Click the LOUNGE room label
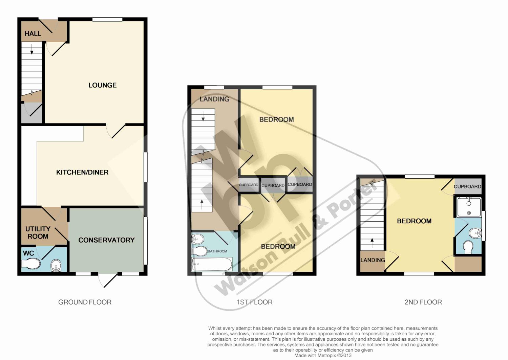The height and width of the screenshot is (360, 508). click(x=103, y=85)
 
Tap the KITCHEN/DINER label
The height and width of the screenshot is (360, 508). click(x=82, y=173)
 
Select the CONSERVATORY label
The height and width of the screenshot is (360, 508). click(x=107, y=240)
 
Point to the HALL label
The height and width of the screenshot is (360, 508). click(x=33, y=34)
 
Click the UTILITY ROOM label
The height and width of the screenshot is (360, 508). click(x=38, y=233)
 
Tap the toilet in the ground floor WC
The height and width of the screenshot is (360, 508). click(x=31, y=264)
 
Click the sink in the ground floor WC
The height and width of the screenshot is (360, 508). click(x=56, y=265)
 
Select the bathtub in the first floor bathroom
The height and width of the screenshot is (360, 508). click(x=212, y=264)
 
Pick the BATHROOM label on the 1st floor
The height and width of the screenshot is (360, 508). click(x=217, y=251)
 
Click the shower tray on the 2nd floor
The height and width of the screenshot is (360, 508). click(x=468, y=207)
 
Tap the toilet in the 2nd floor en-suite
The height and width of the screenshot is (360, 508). click(x=468, y=247)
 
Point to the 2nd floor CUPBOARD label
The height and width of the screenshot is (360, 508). click(x=467, y=187)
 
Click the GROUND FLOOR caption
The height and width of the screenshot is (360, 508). click(x=85, y=302)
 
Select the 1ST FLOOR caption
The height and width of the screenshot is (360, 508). click(x=255, y=302)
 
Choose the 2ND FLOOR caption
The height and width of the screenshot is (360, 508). click(x=423, y=302)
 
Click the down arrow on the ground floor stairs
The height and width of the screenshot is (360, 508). click(x=32, y=49)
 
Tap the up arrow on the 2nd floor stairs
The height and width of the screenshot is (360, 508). click(x=372, y=243)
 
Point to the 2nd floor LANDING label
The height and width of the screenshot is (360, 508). click(x=373, y=260)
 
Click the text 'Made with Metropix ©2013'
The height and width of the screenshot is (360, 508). click(x=323, y=356)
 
